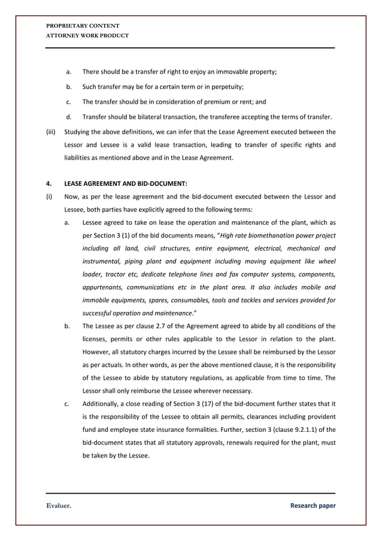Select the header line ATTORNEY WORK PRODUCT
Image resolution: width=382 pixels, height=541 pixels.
tap(87, 35)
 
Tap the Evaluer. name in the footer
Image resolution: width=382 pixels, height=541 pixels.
tap(59, 506)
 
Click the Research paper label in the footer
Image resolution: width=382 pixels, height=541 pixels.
tap(313, 506)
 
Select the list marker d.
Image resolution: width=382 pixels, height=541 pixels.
tap(69, 116)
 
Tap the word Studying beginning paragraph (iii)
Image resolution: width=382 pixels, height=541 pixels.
tap(77, 131)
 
